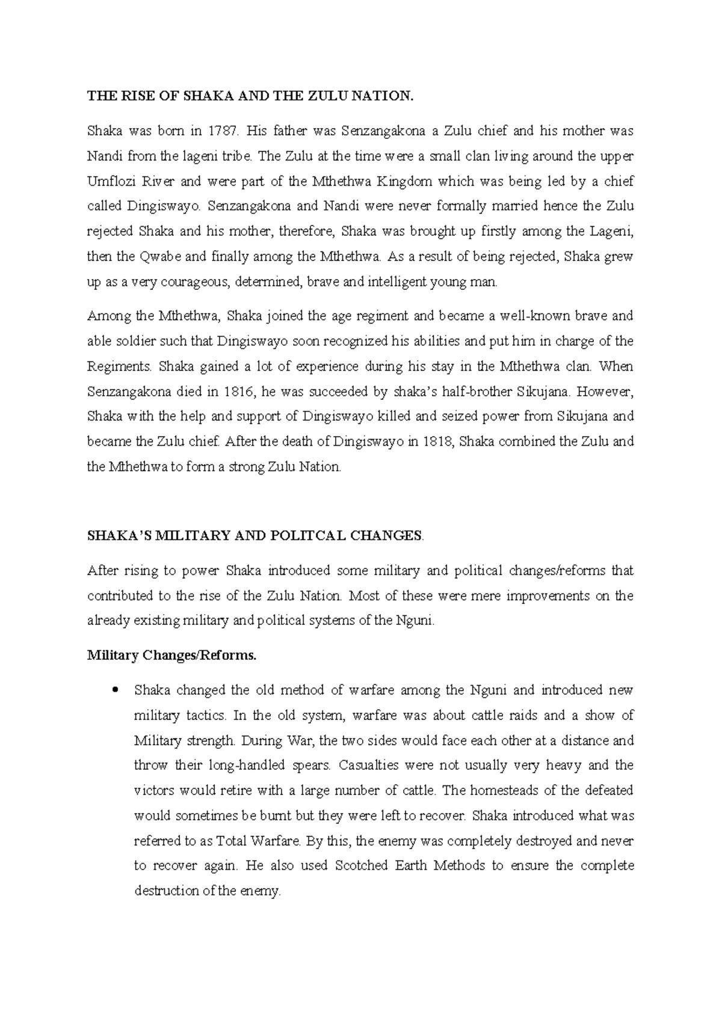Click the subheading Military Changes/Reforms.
(x=171, y=656)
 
